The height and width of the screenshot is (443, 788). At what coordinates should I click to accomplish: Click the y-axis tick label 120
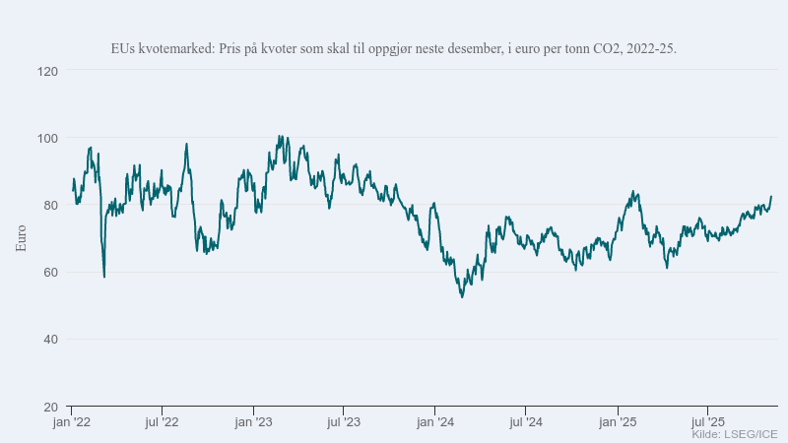click(x=46, y=71)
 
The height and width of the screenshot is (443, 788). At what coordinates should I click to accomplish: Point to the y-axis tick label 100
click(x=46, y=138)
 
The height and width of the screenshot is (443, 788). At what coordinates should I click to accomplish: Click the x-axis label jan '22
click(x=71, y=422)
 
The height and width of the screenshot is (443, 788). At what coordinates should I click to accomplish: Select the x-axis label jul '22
click(x=162, y=422)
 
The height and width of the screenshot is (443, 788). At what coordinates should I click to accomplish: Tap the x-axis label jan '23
click(x=253, y=422)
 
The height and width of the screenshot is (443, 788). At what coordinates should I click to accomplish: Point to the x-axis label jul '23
click(x=343, y=422)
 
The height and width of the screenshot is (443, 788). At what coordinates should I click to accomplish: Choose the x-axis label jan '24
click(x=435, y=422)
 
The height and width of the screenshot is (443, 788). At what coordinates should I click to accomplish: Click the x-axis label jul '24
click(x=525, y=422)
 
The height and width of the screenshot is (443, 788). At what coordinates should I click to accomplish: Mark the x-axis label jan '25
click(x=618, y=422)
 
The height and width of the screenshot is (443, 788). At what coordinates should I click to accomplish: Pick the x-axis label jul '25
click(x=707, y=422)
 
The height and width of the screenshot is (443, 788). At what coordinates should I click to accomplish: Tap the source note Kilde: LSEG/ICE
click(x=734, y=434)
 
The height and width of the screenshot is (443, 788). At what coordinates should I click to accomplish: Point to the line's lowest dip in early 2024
click(x=462, y=297)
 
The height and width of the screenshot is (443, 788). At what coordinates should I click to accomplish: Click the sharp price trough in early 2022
click(x=104, y=277)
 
